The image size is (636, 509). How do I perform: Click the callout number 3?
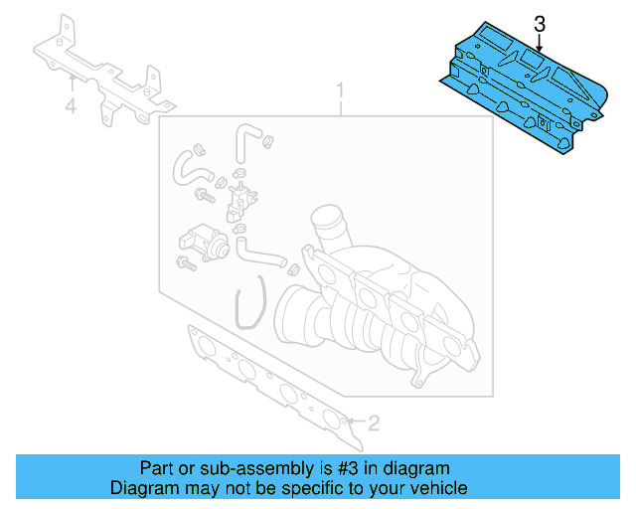[x=540, y=23]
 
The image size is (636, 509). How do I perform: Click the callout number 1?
[x=340, y=92]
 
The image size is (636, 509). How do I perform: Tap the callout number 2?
[x=374, y=424]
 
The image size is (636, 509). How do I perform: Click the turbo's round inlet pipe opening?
[x=325, y=221]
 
